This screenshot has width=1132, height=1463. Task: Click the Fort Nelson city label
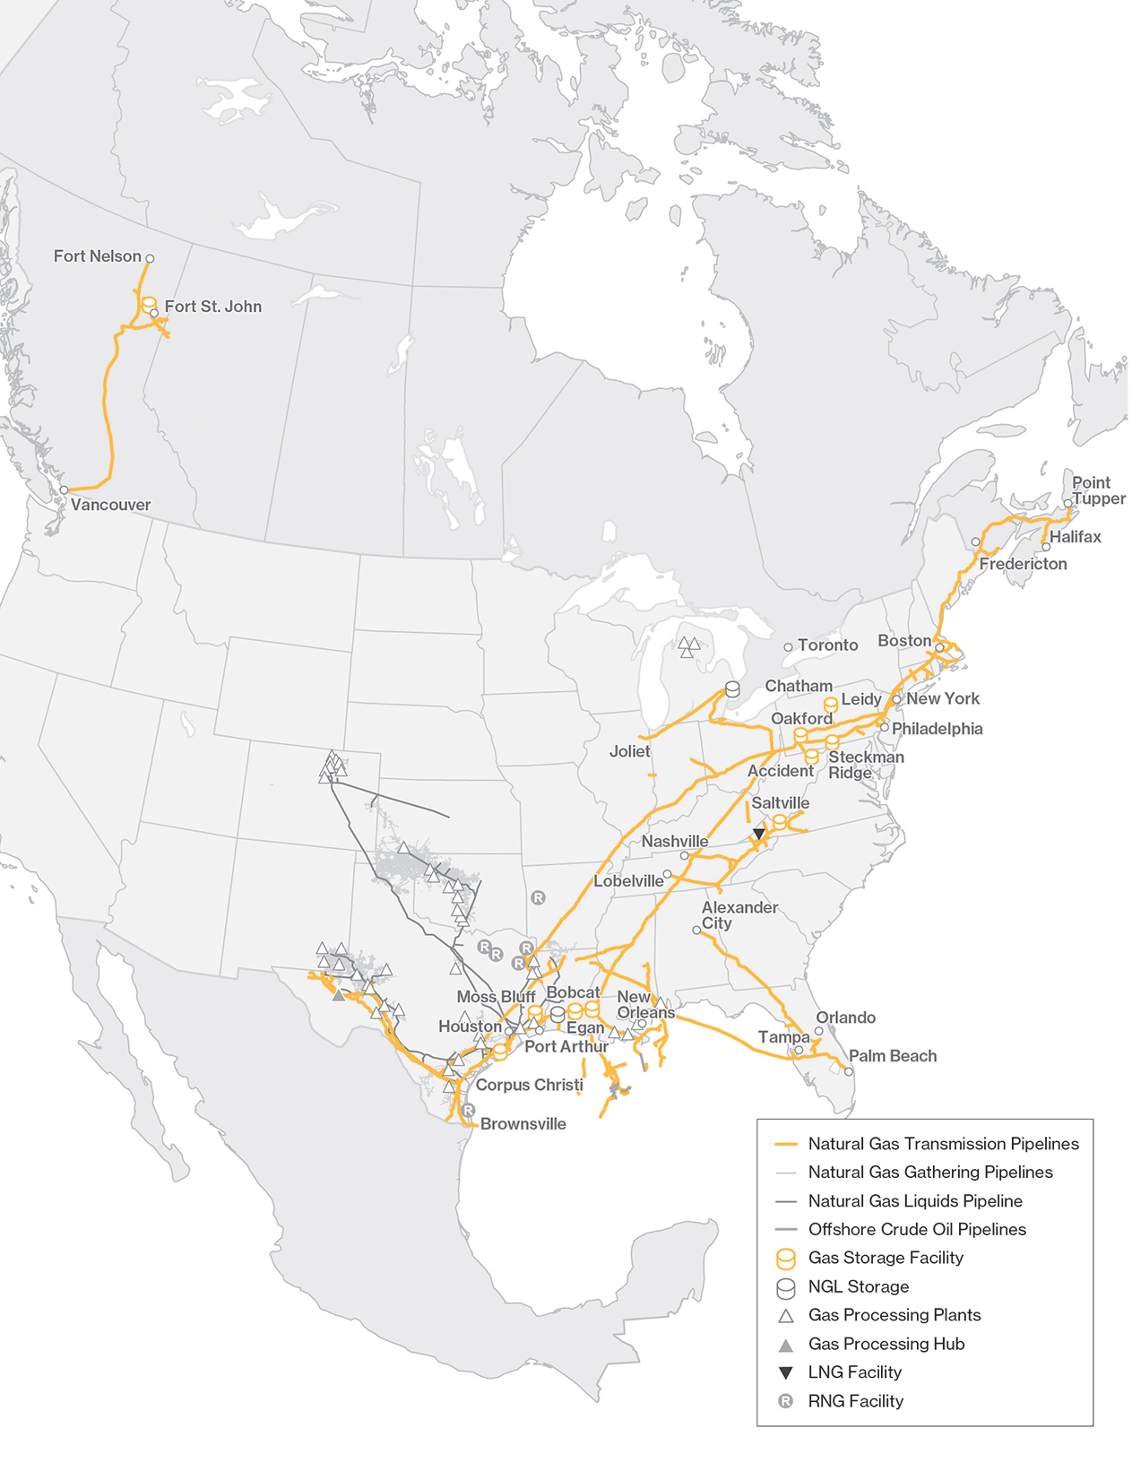[97, 256]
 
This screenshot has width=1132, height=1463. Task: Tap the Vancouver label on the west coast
[110, 505]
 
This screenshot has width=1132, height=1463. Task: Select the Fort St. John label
[212, 307]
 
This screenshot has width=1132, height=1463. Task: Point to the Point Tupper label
[1098, 490]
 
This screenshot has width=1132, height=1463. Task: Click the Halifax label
[1075, 537]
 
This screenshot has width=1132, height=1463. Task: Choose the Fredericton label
[1023, 564]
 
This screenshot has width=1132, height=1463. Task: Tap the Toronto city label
[827, 645]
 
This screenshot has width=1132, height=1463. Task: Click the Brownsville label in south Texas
[523, 1124]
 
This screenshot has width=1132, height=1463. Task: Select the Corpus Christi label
[529, 1085]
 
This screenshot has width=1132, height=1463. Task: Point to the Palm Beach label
[893, 1056]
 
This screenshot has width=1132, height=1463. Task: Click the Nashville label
[674, 842]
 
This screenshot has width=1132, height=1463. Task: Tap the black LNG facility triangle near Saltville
[759, 834]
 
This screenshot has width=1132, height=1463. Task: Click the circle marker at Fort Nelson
[150, 258]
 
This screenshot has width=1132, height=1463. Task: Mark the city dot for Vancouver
[64, 490]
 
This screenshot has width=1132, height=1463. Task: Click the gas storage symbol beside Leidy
[831, 705]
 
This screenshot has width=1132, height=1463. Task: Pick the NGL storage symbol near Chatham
[732, 689]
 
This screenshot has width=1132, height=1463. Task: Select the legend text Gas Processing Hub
[886, 1344]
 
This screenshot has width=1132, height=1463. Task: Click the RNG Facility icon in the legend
[785, 1401]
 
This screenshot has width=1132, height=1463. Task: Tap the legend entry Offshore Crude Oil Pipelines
[916, 1229]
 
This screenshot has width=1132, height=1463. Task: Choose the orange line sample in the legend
[785, 1145]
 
